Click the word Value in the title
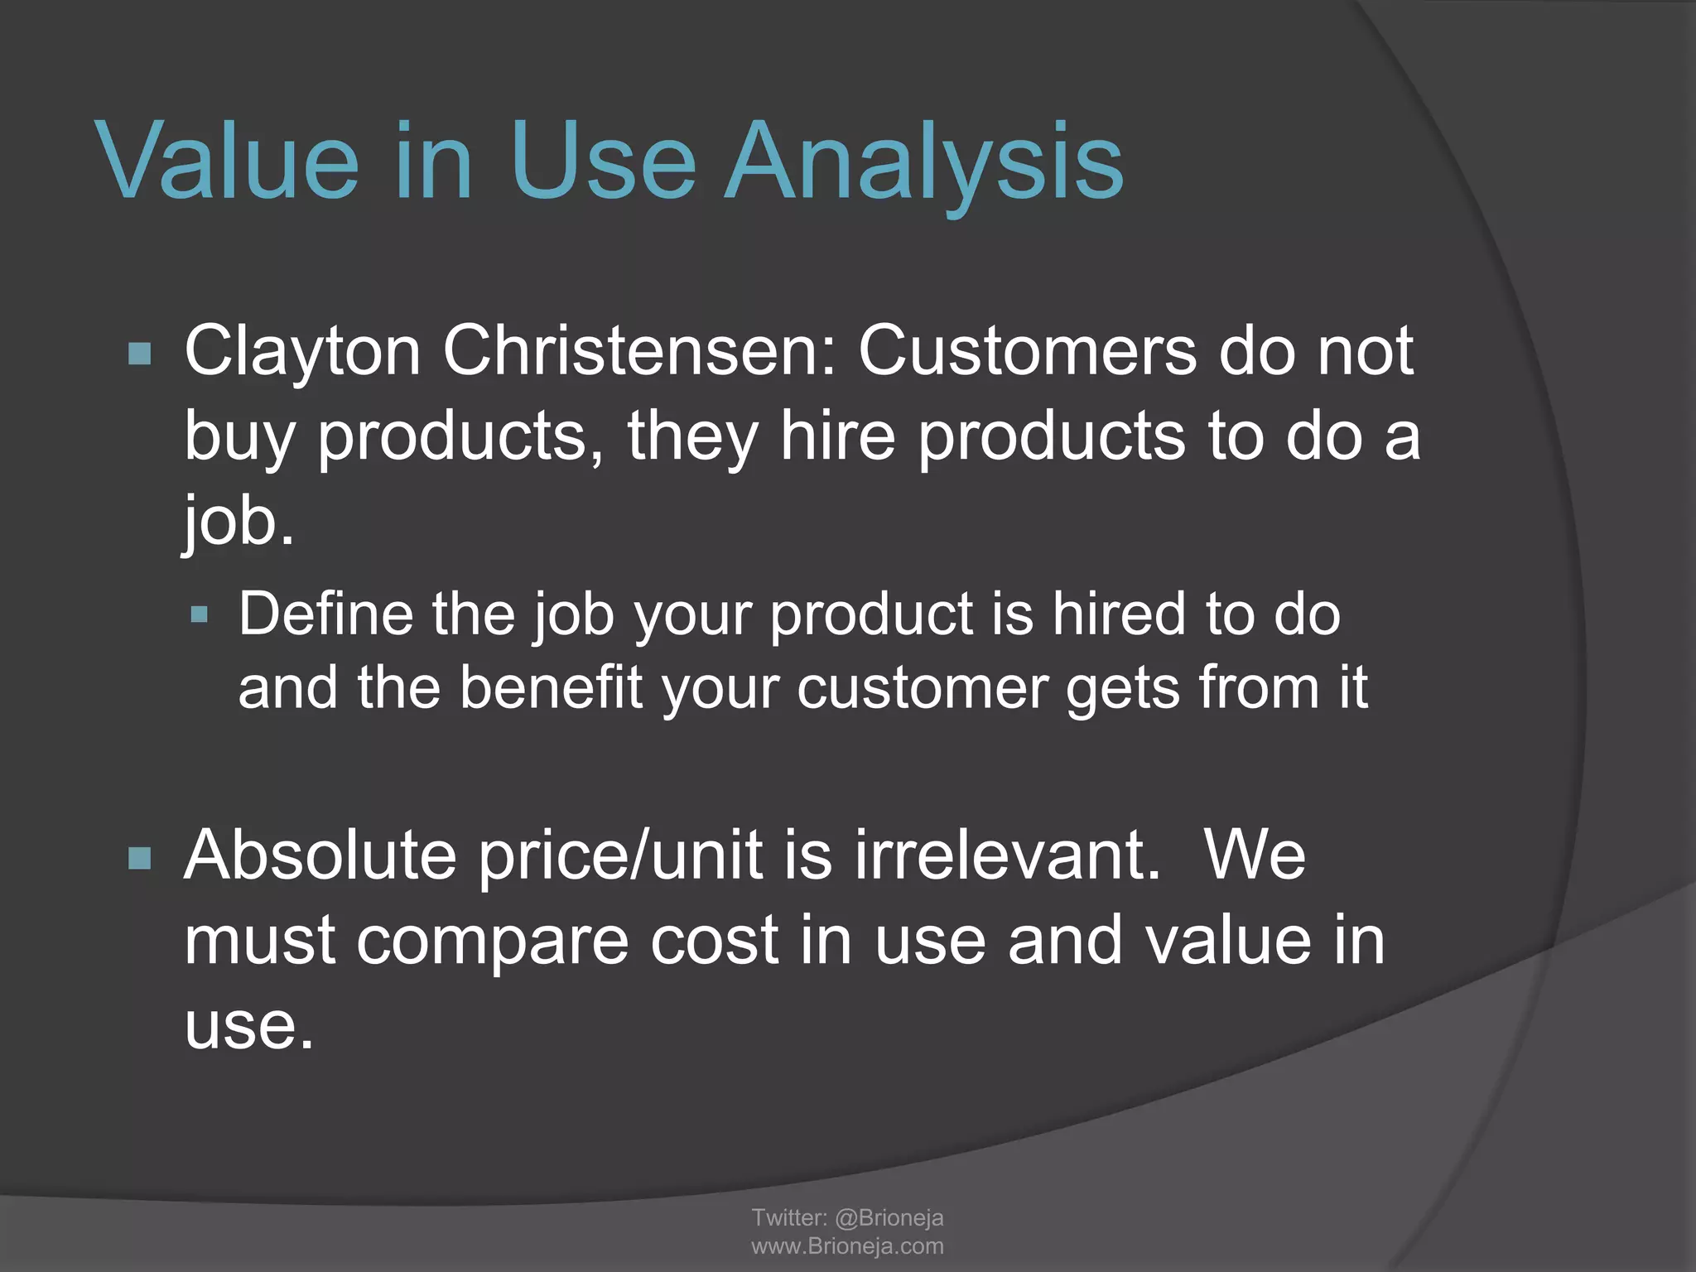229,161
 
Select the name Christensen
640,352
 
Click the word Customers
1027,352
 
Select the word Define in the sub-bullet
325,614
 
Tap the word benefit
551,688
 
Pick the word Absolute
320,855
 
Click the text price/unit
620,857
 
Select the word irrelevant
1007,855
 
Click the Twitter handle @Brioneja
889,1217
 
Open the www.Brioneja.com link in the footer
847,1246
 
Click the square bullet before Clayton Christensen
140,354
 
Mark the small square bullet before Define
199,614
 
